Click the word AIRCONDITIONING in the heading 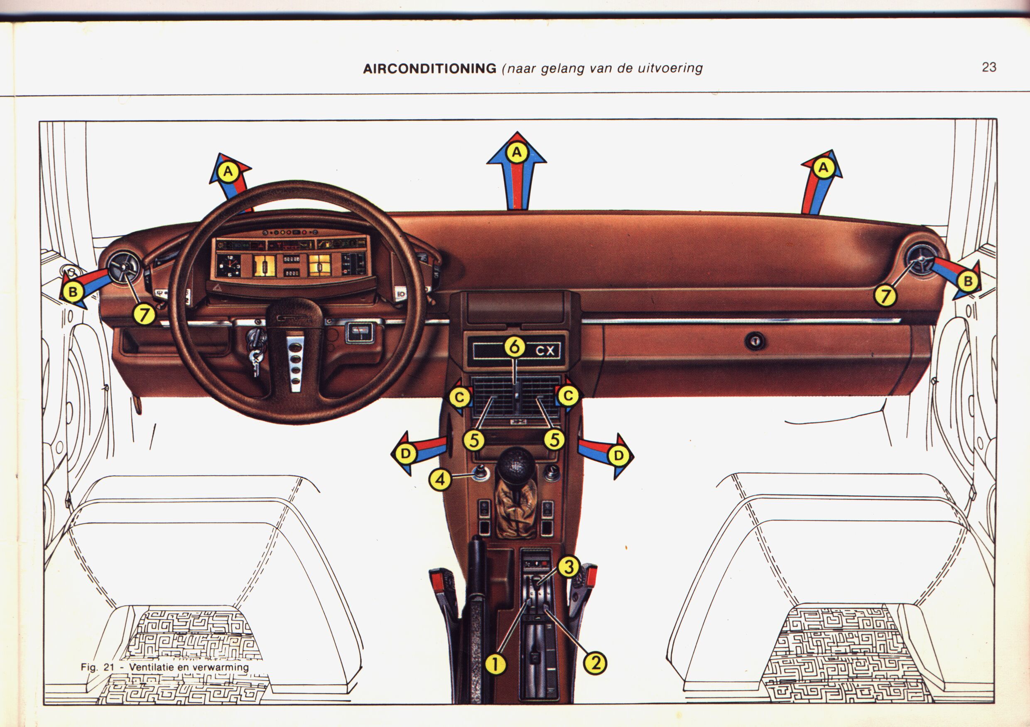[429, 69]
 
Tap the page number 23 [989, 67]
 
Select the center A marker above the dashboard [517, 152]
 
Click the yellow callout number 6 [515, 346]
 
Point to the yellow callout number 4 [440, 480]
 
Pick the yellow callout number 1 [496, 663]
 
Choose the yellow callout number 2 [595, 662]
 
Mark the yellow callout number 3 [569, 567]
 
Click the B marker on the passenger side [968, 281]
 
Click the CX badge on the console [545, 351]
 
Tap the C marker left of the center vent [460, 397]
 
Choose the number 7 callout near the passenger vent [885, 296]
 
